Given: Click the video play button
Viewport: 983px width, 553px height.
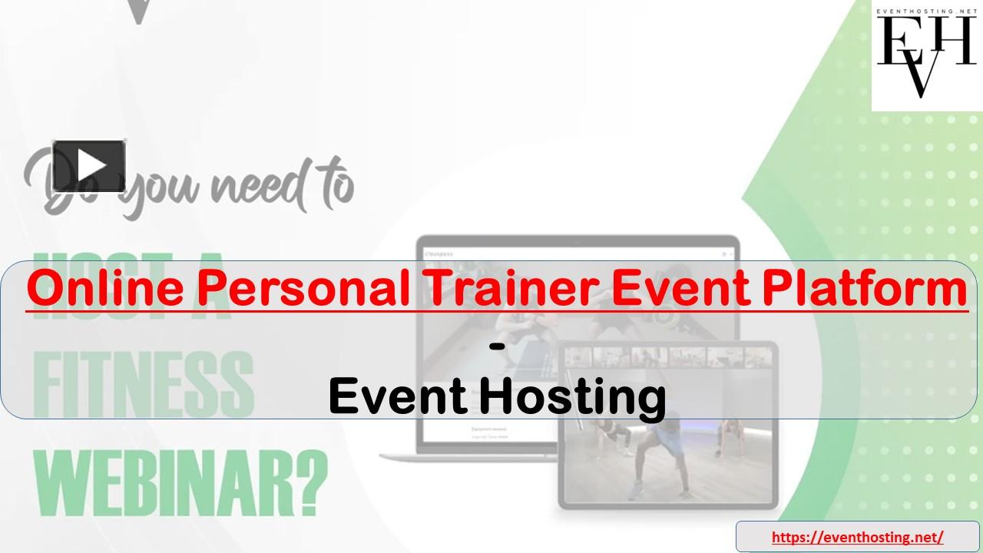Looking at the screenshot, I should click(x=89, y=165).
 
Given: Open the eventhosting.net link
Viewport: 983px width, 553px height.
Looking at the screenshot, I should click(x=857, y=537).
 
